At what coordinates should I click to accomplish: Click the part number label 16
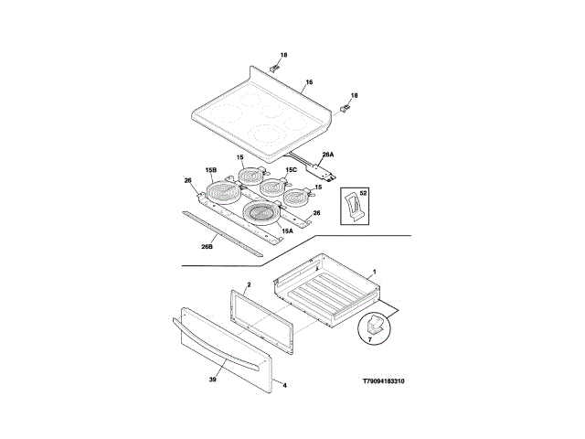click(309, 82)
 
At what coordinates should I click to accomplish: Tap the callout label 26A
click(327, 155)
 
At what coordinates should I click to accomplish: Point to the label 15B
click(210, 170)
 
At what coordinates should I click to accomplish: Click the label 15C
click(291, 169)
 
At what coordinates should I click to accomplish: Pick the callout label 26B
click(207, 246)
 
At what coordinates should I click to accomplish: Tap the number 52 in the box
click(363, 193)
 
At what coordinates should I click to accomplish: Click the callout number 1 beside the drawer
click(373, 273)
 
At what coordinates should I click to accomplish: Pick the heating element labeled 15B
click(222, 192)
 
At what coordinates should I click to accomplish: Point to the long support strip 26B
click(233, 231)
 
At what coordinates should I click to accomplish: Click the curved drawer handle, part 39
click(219, 343)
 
